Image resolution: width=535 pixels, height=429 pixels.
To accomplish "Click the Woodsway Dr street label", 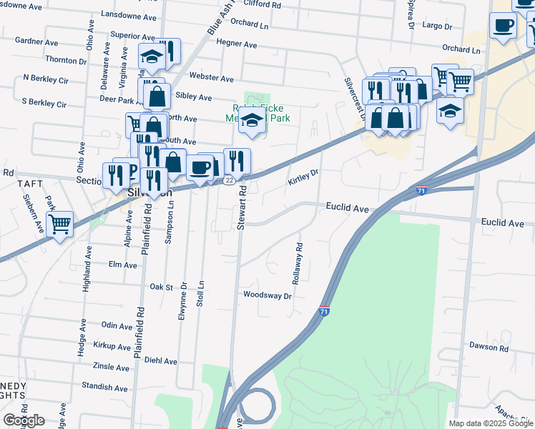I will tap(267, 295).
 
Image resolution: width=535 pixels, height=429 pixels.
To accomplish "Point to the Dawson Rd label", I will tap(489, 347).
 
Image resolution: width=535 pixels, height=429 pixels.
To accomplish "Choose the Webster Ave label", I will tap(211, 78).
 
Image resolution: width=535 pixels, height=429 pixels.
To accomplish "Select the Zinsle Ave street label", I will tap(112, 367).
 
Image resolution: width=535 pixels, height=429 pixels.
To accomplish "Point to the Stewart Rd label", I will tap(242, 208).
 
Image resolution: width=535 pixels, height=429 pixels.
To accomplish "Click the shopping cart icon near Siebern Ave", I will tap(60, 224).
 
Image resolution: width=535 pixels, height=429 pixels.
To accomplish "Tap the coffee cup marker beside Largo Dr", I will tap(503, 25).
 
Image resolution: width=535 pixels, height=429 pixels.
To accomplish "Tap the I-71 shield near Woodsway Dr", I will tap(324, 311).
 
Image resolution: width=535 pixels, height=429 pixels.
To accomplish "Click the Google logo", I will tap(24, 420).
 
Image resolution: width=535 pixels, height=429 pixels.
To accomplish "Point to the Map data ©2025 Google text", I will tap(490, 423).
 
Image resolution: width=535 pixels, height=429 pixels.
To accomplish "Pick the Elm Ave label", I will tap(122, 265).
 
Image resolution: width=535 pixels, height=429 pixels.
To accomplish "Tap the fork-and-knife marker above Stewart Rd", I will tap(237, 161).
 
